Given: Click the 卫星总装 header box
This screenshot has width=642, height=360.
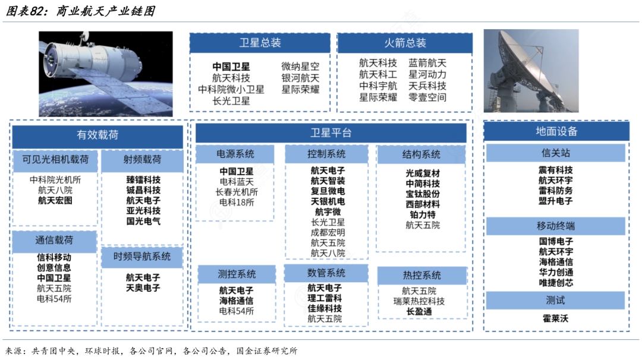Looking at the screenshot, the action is tap(260, 43).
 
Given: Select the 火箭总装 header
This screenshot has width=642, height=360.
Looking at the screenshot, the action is tap(405, 43).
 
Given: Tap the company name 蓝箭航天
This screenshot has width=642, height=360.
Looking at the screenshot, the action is tap(427, 63).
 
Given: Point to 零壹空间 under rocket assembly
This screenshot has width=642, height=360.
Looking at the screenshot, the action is tap(427, 97).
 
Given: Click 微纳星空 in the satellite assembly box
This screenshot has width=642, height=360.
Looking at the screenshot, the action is tap(300, 67).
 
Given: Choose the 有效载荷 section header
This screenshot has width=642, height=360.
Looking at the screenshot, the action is tap(97, 135).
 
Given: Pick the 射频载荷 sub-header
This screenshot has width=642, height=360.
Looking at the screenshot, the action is tap(142, 160).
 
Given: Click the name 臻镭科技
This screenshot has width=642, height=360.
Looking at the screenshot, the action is tap(143, 179).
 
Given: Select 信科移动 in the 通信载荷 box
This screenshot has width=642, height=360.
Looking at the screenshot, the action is tap(54, 257).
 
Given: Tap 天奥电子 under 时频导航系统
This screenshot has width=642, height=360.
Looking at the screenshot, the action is tap(143, 288).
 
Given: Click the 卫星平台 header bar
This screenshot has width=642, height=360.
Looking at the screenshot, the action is tap(331, 133).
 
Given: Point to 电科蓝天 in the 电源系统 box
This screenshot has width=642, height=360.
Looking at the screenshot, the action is tap(237, 182).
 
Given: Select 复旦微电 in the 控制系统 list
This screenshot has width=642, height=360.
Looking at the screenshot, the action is tap(328, 191).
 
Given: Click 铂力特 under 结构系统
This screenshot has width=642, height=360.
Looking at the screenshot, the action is tap(423, 214).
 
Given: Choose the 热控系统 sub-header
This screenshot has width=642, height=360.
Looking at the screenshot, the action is tap(421, 276).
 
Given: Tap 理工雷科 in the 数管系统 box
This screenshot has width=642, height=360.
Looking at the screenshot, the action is tap(325, 298).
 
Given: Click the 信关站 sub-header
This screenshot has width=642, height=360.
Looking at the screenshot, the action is tap(556, 153).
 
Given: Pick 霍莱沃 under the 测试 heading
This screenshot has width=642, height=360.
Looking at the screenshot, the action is tap(556, 318).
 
